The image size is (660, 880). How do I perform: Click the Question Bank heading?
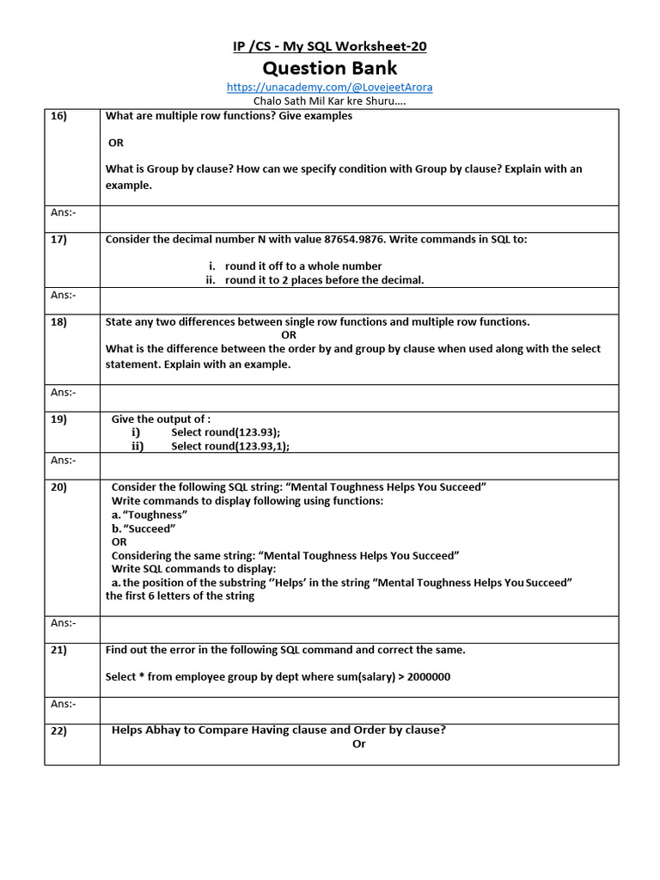(x=330, y=68)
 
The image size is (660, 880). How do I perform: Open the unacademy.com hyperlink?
(x=330, y=87)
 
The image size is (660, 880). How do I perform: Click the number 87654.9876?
(x=355, y=240)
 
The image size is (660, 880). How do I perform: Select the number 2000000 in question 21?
(x=429, y=677)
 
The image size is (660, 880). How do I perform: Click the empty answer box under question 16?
(x=359, y=218)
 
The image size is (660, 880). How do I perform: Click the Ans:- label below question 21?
(x=63, y=704)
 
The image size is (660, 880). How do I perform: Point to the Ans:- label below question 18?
(x=63, y=393)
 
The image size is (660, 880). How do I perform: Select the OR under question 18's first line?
(x=289, y=335)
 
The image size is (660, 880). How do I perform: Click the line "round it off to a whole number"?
(x=302, y=266)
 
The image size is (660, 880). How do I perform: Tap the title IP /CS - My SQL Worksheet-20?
(x=330, y=46)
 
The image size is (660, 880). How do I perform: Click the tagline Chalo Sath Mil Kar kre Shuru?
(x=330, y=101)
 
